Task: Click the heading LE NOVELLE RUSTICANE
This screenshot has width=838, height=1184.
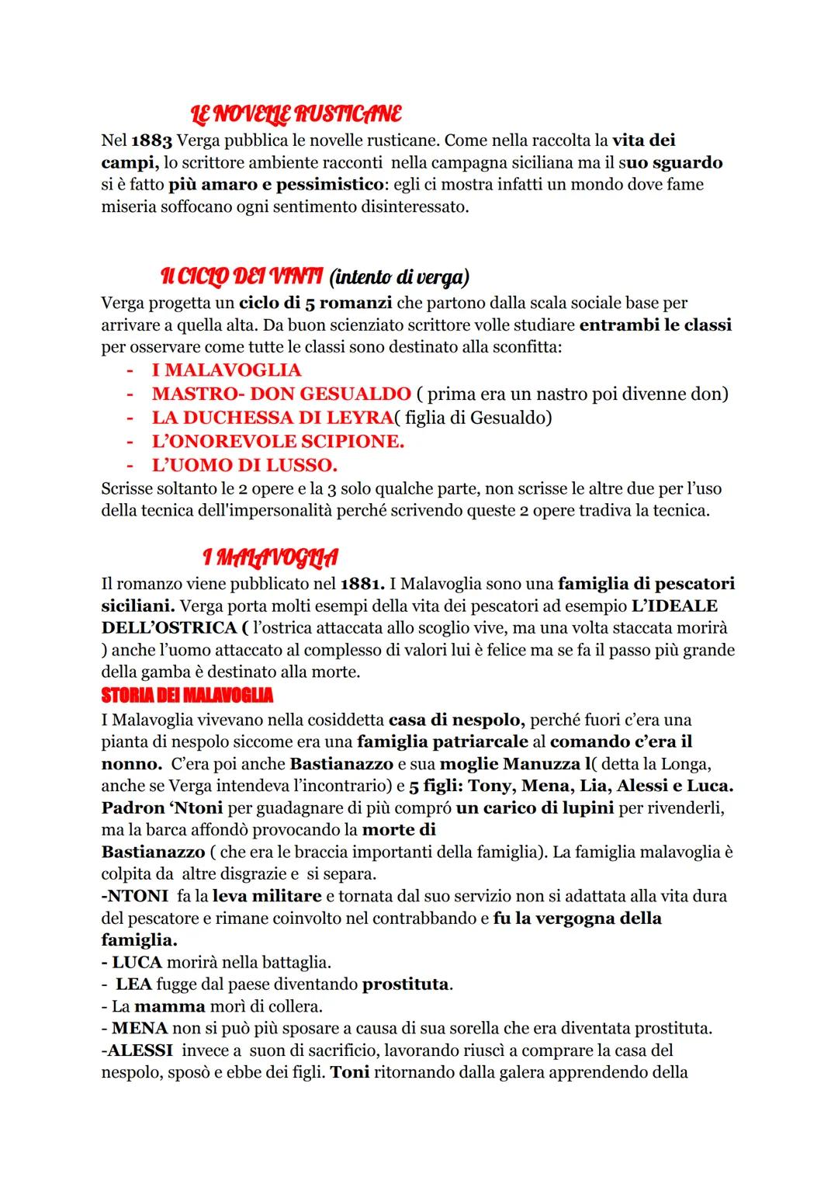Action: [x=296, y=114]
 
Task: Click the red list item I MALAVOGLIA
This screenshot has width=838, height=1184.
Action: [x=226, y=370]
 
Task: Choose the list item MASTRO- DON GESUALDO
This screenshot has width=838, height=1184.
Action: [x=281, y=394]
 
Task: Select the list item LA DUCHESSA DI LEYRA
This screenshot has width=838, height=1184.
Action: [x=272, y=418]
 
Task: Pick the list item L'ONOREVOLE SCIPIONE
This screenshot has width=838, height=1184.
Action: [x=278, y=442]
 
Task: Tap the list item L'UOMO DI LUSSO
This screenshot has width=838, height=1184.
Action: [x=244, y=466]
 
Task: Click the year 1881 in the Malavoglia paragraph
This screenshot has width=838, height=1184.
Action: [x=362, y=583]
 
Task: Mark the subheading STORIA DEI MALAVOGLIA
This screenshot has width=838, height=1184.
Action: [x=187, y=693]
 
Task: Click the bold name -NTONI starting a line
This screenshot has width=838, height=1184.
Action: [x=135, y=896]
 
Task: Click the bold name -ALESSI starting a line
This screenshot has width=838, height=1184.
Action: [x=136, y=1050]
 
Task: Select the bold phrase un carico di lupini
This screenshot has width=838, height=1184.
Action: [x=535, y=807]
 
